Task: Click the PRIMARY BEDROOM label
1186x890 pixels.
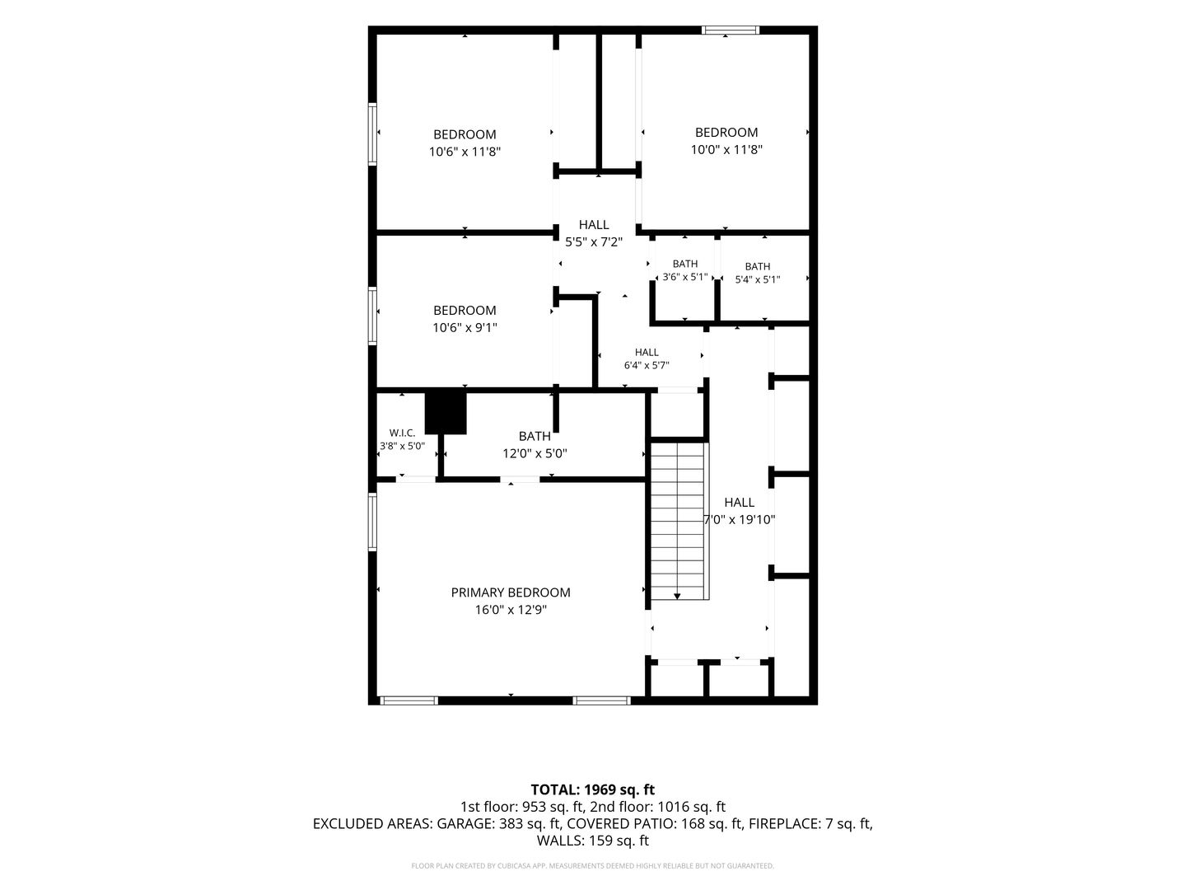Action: tap(510, 593)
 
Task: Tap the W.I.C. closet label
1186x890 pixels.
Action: tap(402, 433)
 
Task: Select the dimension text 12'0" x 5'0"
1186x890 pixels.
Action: tap(535, 453)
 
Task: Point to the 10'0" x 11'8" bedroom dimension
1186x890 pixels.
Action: tap(726, 149)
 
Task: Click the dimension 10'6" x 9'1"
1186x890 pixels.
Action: tap(465, 327)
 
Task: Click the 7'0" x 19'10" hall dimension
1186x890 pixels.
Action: tap(739, 520)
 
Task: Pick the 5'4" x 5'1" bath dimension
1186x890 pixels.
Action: tap(758, 279)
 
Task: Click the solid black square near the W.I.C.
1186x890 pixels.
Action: tap(446, 413)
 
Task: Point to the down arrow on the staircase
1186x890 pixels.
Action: tap(676, 597)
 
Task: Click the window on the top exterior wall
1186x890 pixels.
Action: tap(730, 30)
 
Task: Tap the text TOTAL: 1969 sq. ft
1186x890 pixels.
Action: tap(593, 790)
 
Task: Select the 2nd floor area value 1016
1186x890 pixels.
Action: tap(675, 807)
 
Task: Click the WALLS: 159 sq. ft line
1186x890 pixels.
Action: tap(593, 841)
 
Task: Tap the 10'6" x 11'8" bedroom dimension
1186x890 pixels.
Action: tap(465, 152)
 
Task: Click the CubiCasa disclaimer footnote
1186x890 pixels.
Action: tap(593, 865)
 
